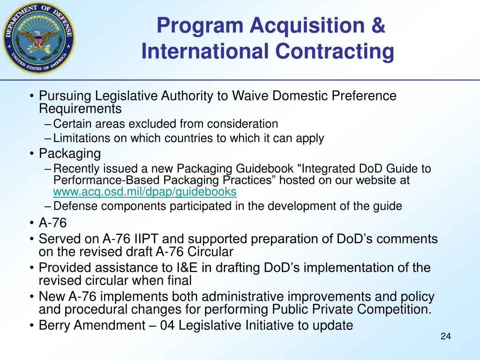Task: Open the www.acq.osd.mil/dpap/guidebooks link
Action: [145, 192]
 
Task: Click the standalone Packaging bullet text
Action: [70, 153]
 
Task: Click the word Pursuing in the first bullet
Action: [65, 96]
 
